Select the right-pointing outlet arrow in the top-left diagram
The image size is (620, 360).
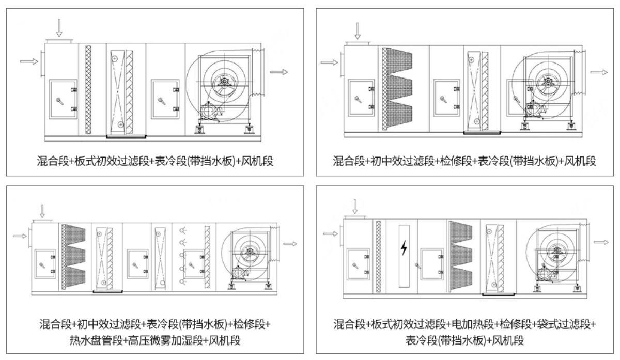coord(278,72)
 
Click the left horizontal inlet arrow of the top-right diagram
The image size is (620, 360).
coord(329,62)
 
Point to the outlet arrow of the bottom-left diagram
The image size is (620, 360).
coord(289,243)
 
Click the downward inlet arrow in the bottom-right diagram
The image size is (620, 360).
coord(354,207)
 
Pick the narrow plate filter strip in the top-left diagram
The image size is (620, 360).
coord(88,89)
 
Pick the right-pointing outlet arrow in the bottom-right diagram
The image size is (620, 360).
coord(601,242)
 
